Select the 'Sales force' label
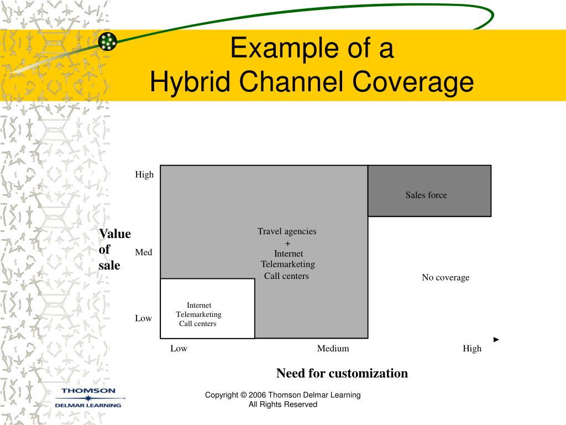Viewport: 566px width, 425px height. tap(426, 195)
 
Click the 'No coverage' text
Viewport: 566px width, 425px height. tap(446, 277)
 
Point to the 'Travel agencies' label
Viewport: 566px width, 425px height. tap(287, 231)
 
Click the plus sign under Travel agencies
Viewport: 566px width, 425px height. tap(287, 243)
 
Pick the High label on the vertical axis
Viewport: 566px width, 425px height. tap(144, 174)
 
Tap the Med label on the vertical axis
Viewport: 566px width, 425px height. tap(143, 252)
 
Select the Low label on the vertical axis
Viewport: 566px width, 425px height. tap(143, 318)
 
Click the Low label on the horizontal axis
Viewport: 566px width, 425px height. tap(179, 348)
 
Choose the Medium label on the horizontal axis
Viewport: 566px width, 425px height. tap(333, 348)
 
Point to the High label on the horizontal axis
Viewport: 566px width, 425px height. tap(472, 348)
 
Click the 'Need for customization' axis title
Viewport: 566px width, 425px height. tap(342, 373)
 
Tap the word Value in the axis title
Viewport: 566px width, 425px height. tap(115, 234)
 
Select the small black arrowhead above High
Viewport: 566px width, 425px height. tap(496, 339)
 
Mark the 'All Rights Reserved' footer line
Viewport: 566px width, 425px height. tap(283, 405)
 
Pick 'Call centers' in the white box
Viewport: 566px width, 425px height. tap(197, 324)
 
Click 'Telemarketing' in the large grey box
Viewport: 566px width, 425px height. tap(288, 265)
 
